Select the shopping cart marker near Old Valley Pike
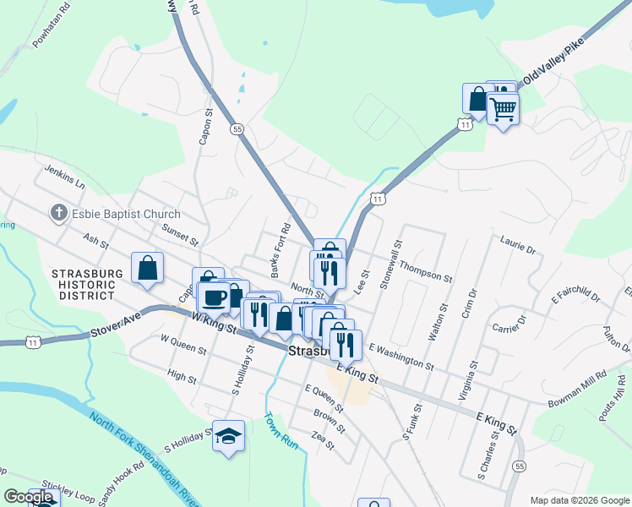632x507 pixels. pyautogui.click(x=504, y=109)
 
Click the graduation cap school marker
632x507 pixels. pyautogui.click(x=228, y=436)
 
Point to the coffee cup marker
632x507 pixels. pyautogui.click(x=215, y=298)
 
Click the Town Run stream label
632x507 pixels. pyautogui.click(x=282, y=430)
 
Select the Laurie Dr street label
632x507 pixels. pyautogui.click(x=518, y=246)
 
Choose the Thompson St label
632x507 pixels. pyautogui.click(x=426, y=270)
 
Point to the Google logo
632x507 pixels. pyautogui.click(x=28, y=497)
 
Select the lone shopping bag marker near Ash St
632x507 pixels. pyautogui.click(x=148, y=268)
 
